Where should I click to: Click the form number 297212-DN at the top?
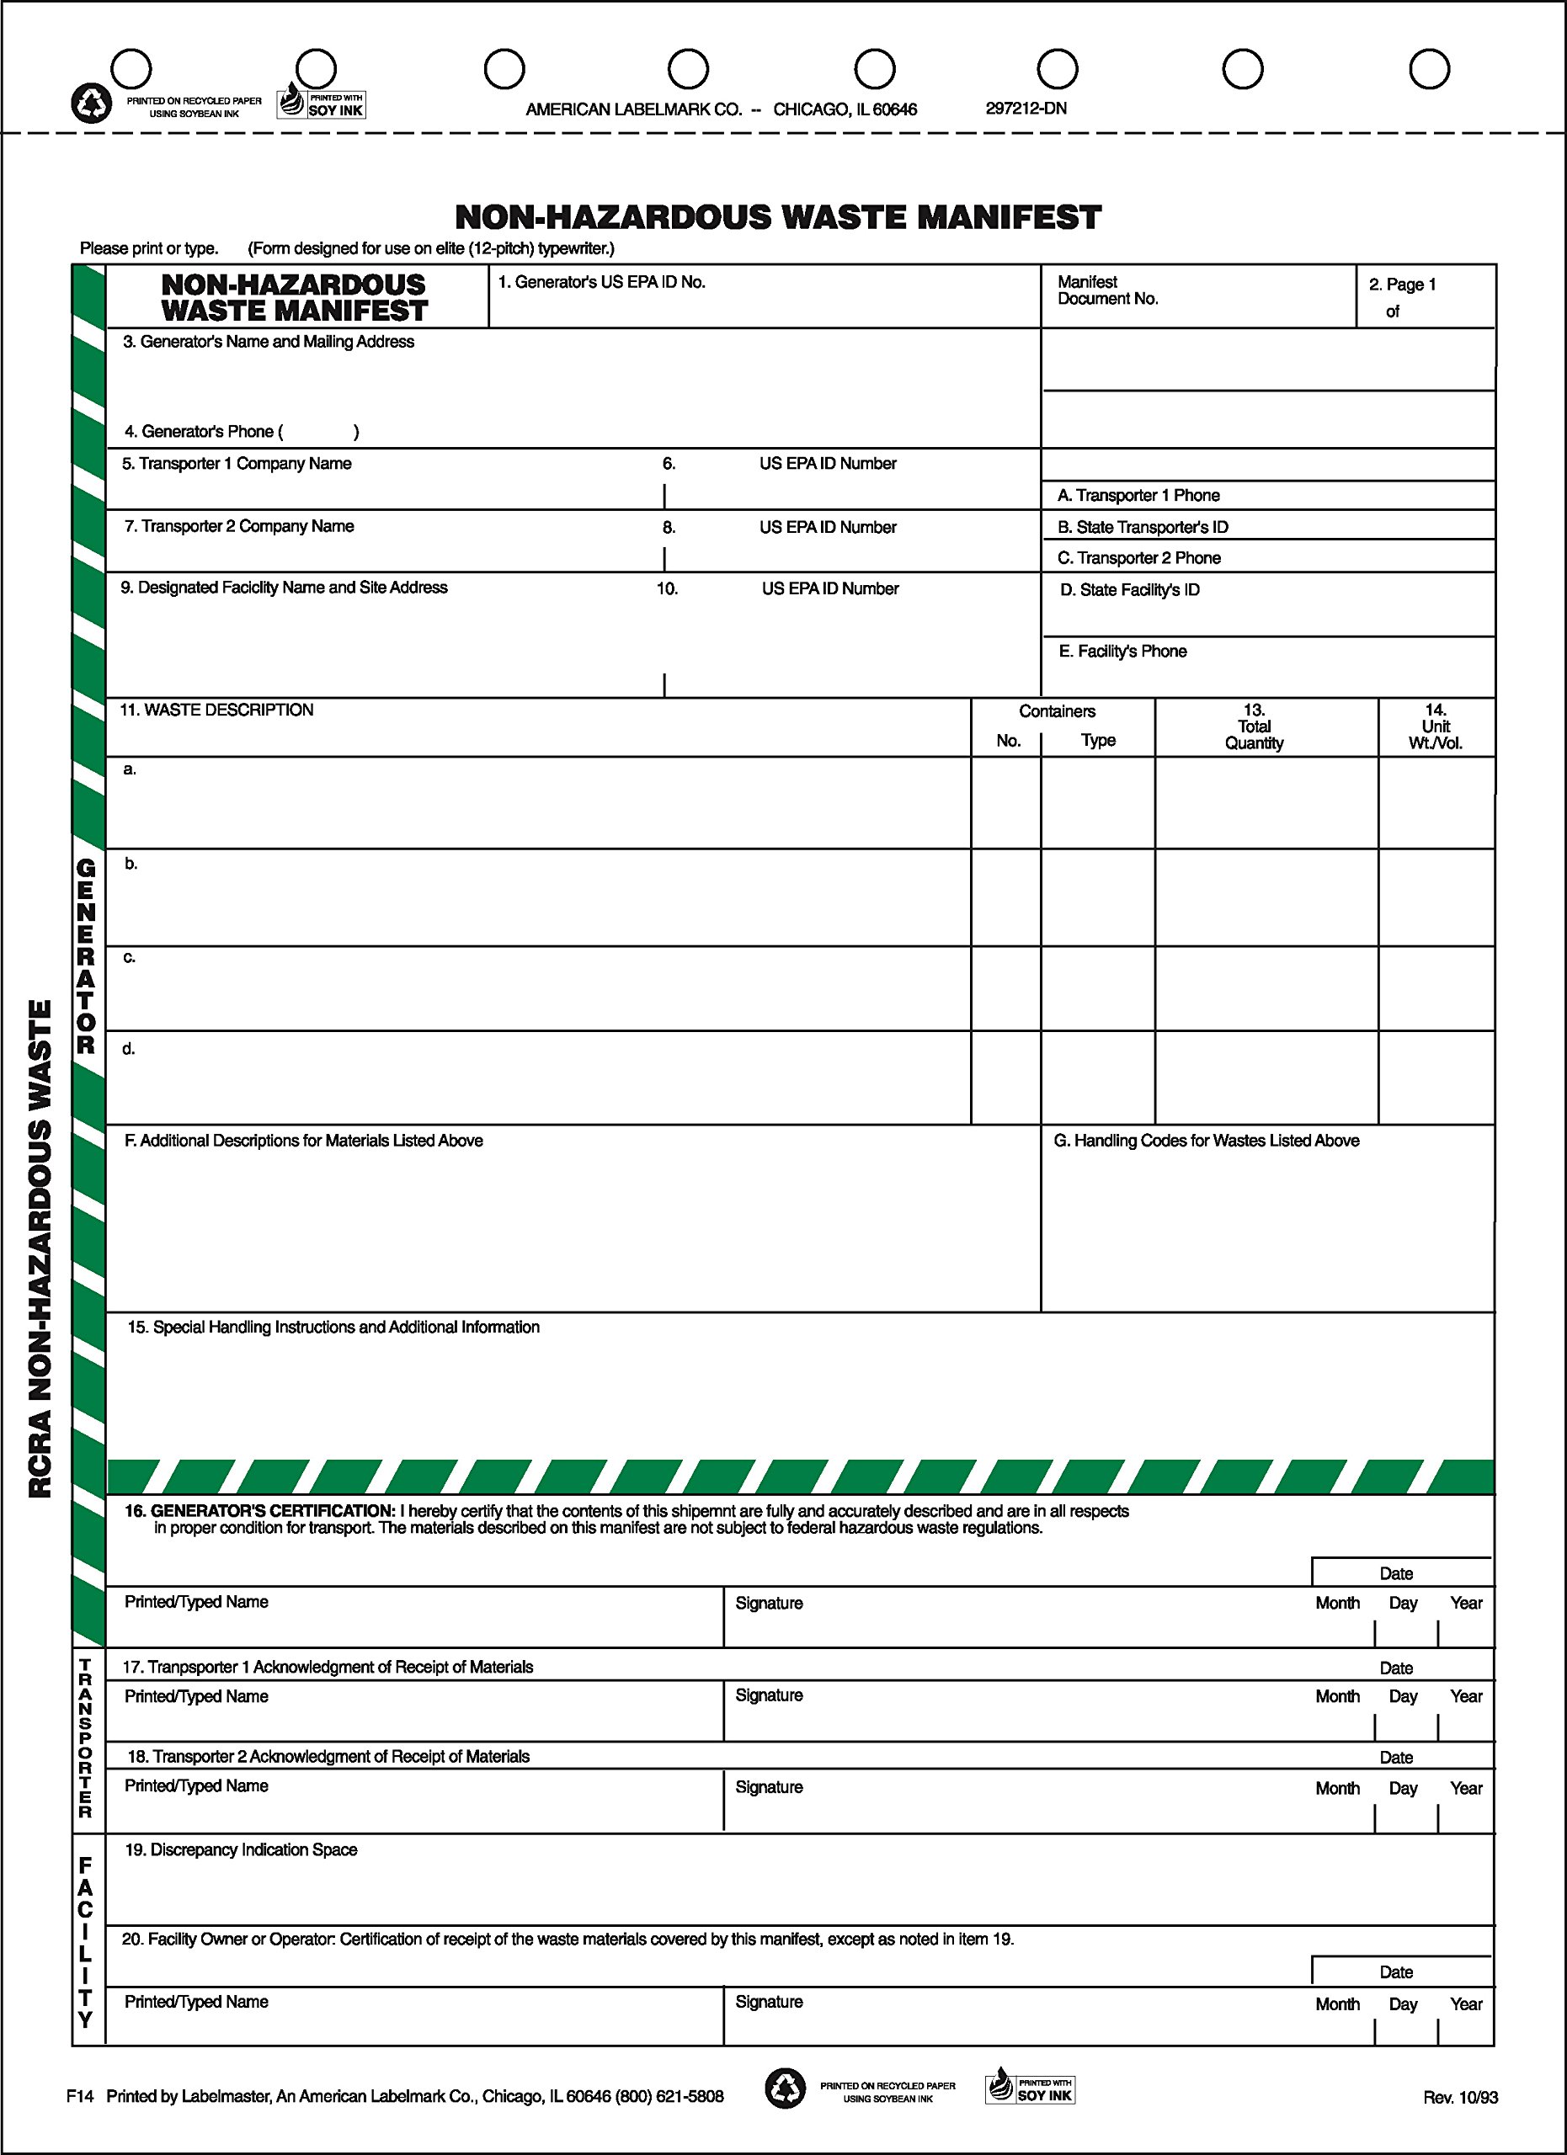(1026, 109)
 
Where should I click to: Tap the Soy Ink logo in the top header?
(321, 103)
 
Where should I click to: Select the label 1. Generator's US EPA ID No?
(601, 282)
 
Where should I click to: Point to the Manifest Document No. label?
(1107, 290)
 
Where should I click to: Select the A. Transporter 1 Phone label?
(1138, 495)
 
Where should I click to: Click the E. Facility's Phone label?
(1122, 651)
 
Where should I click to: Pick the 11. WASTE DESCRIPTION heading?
(216, 710)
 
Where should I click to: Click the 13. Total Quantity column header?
(1254, 726)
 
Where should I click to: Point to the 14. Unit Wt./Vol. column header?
(1435, 726)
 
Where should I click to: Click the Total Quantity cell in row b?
(1266, 897)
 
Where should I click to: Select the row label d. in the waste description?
(128, 1049)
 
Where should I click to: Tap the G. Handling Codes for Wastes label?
(1206, 1140)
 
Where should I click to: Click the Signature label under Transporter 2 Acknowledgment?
(769, 1787)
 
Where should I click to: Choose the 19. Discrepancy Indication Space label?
(241, 1850)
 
